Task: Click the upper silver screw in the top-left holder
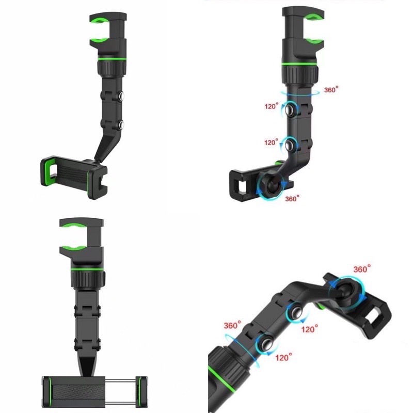(x=121, y=96)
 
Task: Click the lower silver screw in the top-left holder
(x=121, y=124)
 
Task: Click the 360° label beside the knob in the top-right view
(x=331, y=90)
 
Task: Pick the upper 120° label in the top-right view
(x=272, y=106)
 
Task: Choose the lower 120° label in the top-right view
(x=272, y=142)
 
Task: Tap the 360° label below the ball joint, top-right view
(x=292, y=198)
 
